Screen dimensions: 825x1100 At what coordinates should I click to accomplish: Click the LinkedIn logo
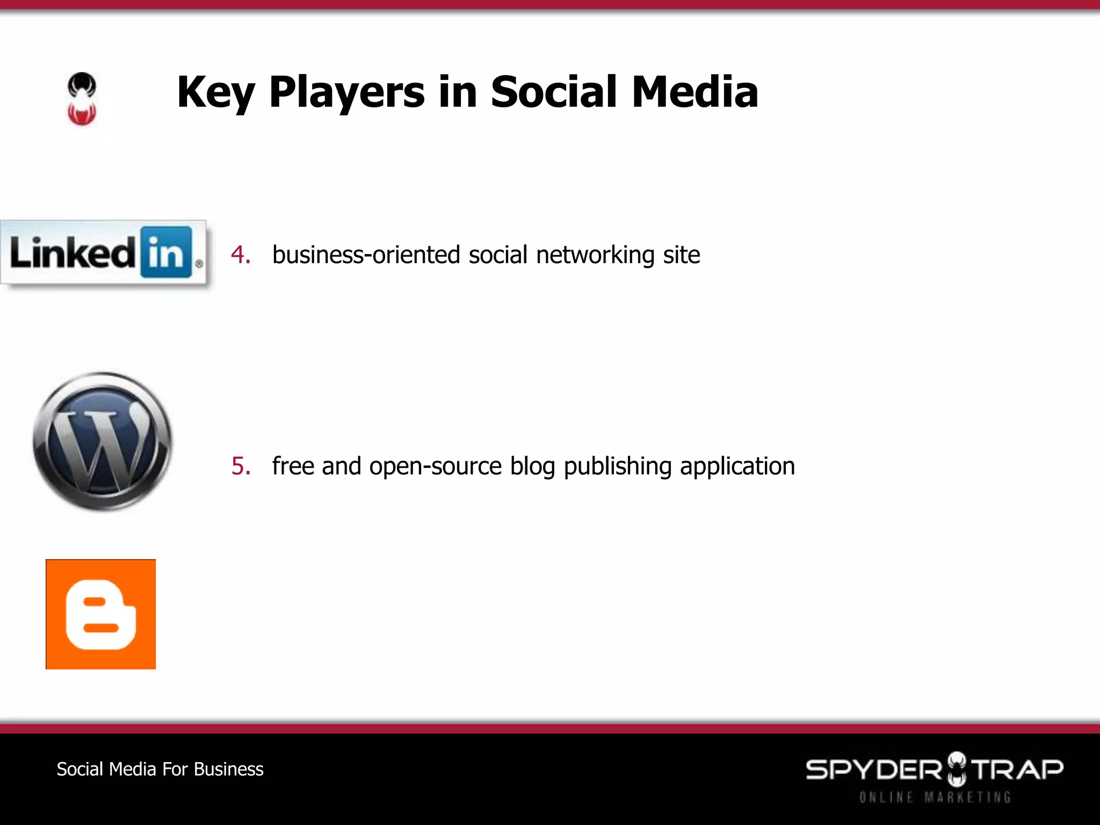[103, 252]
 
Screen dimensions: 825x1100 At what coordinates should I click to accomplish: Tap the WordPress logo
[102, 442]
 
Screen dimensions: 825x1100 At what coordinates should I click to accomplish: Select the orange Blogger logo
[101, 614]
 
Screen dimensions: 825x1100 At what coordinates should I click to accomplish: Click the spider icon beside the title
[82, 99]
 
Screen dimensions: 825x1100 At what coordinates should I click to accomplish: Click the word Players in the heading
[347, 92]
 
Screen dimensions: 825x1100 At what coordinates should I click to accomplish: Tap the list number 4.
[241, 255]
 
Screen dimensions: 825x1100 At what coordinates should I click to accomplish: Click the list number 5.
[241, 466]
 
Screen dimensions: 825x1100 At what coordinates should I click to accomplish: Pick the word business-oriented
[366, 255]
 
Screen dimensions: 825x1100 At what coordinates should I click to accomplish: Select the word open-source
[436, 466]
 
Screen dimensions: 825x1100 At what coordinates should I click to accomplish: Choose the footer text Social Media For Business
[160, 769]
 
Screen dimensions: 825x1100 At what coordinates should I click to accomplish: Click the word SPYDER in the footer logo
[873, 770]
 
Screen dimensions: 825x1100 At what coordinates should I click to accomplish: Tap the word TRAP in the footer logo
[1018, 769]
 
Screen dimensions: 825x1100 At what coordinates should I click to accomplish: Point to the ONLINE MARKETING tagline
[935, 797]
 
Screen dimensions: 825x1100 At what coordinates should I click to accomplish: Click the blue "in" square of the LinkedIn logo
[167, 252]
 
